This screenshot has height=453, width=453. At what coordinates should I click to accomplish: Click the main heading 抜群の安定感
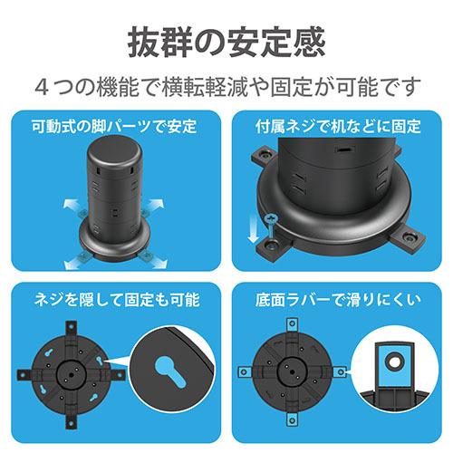226,43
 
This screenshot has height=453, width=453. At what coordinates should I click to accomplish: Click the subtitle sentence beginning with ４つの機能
226,87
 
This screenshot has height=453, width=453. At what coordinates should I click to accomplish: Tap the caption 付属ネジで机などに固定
341,127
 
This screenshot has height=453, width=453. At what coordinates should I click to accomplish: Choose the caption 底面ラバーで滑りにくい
341,299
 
